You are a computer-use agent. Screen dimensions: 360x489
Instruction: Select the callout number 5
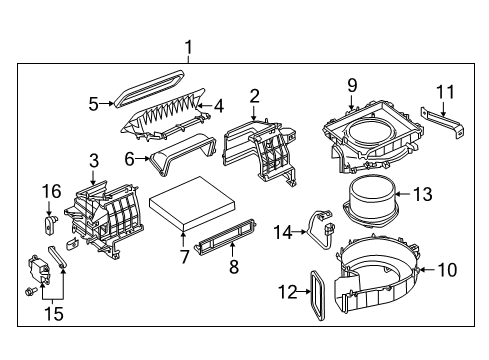pos(93,102)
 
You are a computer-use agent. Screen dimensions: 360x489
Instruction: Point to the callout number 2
pos(254,96)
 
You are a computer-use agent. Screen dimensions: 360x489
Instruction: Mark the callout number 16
pos(51,192)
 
